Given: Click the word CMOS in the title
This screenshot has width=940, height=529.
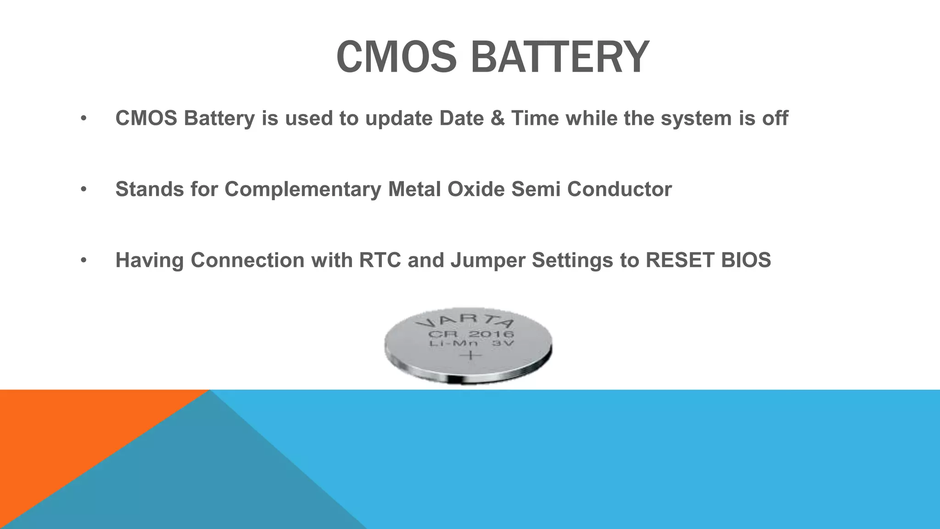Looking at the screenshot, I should point(396,57).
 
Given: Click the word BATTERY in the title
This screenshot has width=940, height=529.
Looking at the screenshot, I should point(560,57).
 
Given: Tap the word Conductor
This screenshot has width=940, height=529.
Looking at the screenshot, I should point(619,189).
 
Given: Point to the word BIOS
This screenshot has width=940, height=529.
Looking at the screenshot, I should point(746,260).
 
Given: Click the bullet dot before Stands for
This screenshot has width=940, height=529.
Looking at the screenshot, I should point(83,190).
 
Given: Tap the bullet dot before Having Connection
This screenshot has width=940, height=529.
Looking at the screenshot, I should point(83,260).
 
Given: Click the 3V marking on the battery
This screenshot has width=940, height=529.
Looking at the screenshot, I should point(503,343).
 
